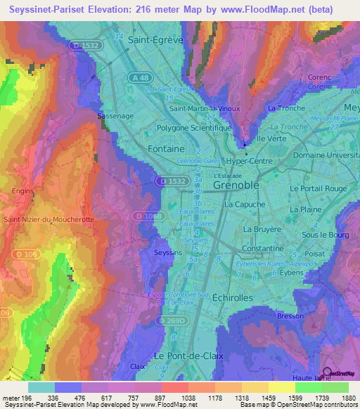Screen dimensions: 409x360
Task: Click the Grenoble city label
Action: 236,185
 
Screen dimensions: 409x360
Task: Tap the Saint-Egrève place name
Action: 156,41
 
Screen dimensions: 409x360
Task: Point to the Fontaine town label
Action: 167,149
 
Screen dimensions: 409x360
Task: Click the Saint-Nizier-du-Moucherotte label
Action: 49,219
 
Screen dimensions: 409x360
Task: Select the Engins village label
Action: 23,190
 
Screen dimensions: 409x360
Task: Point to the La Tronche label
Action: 285,108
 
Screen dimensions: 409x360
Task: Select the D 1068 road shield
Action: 148,216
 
